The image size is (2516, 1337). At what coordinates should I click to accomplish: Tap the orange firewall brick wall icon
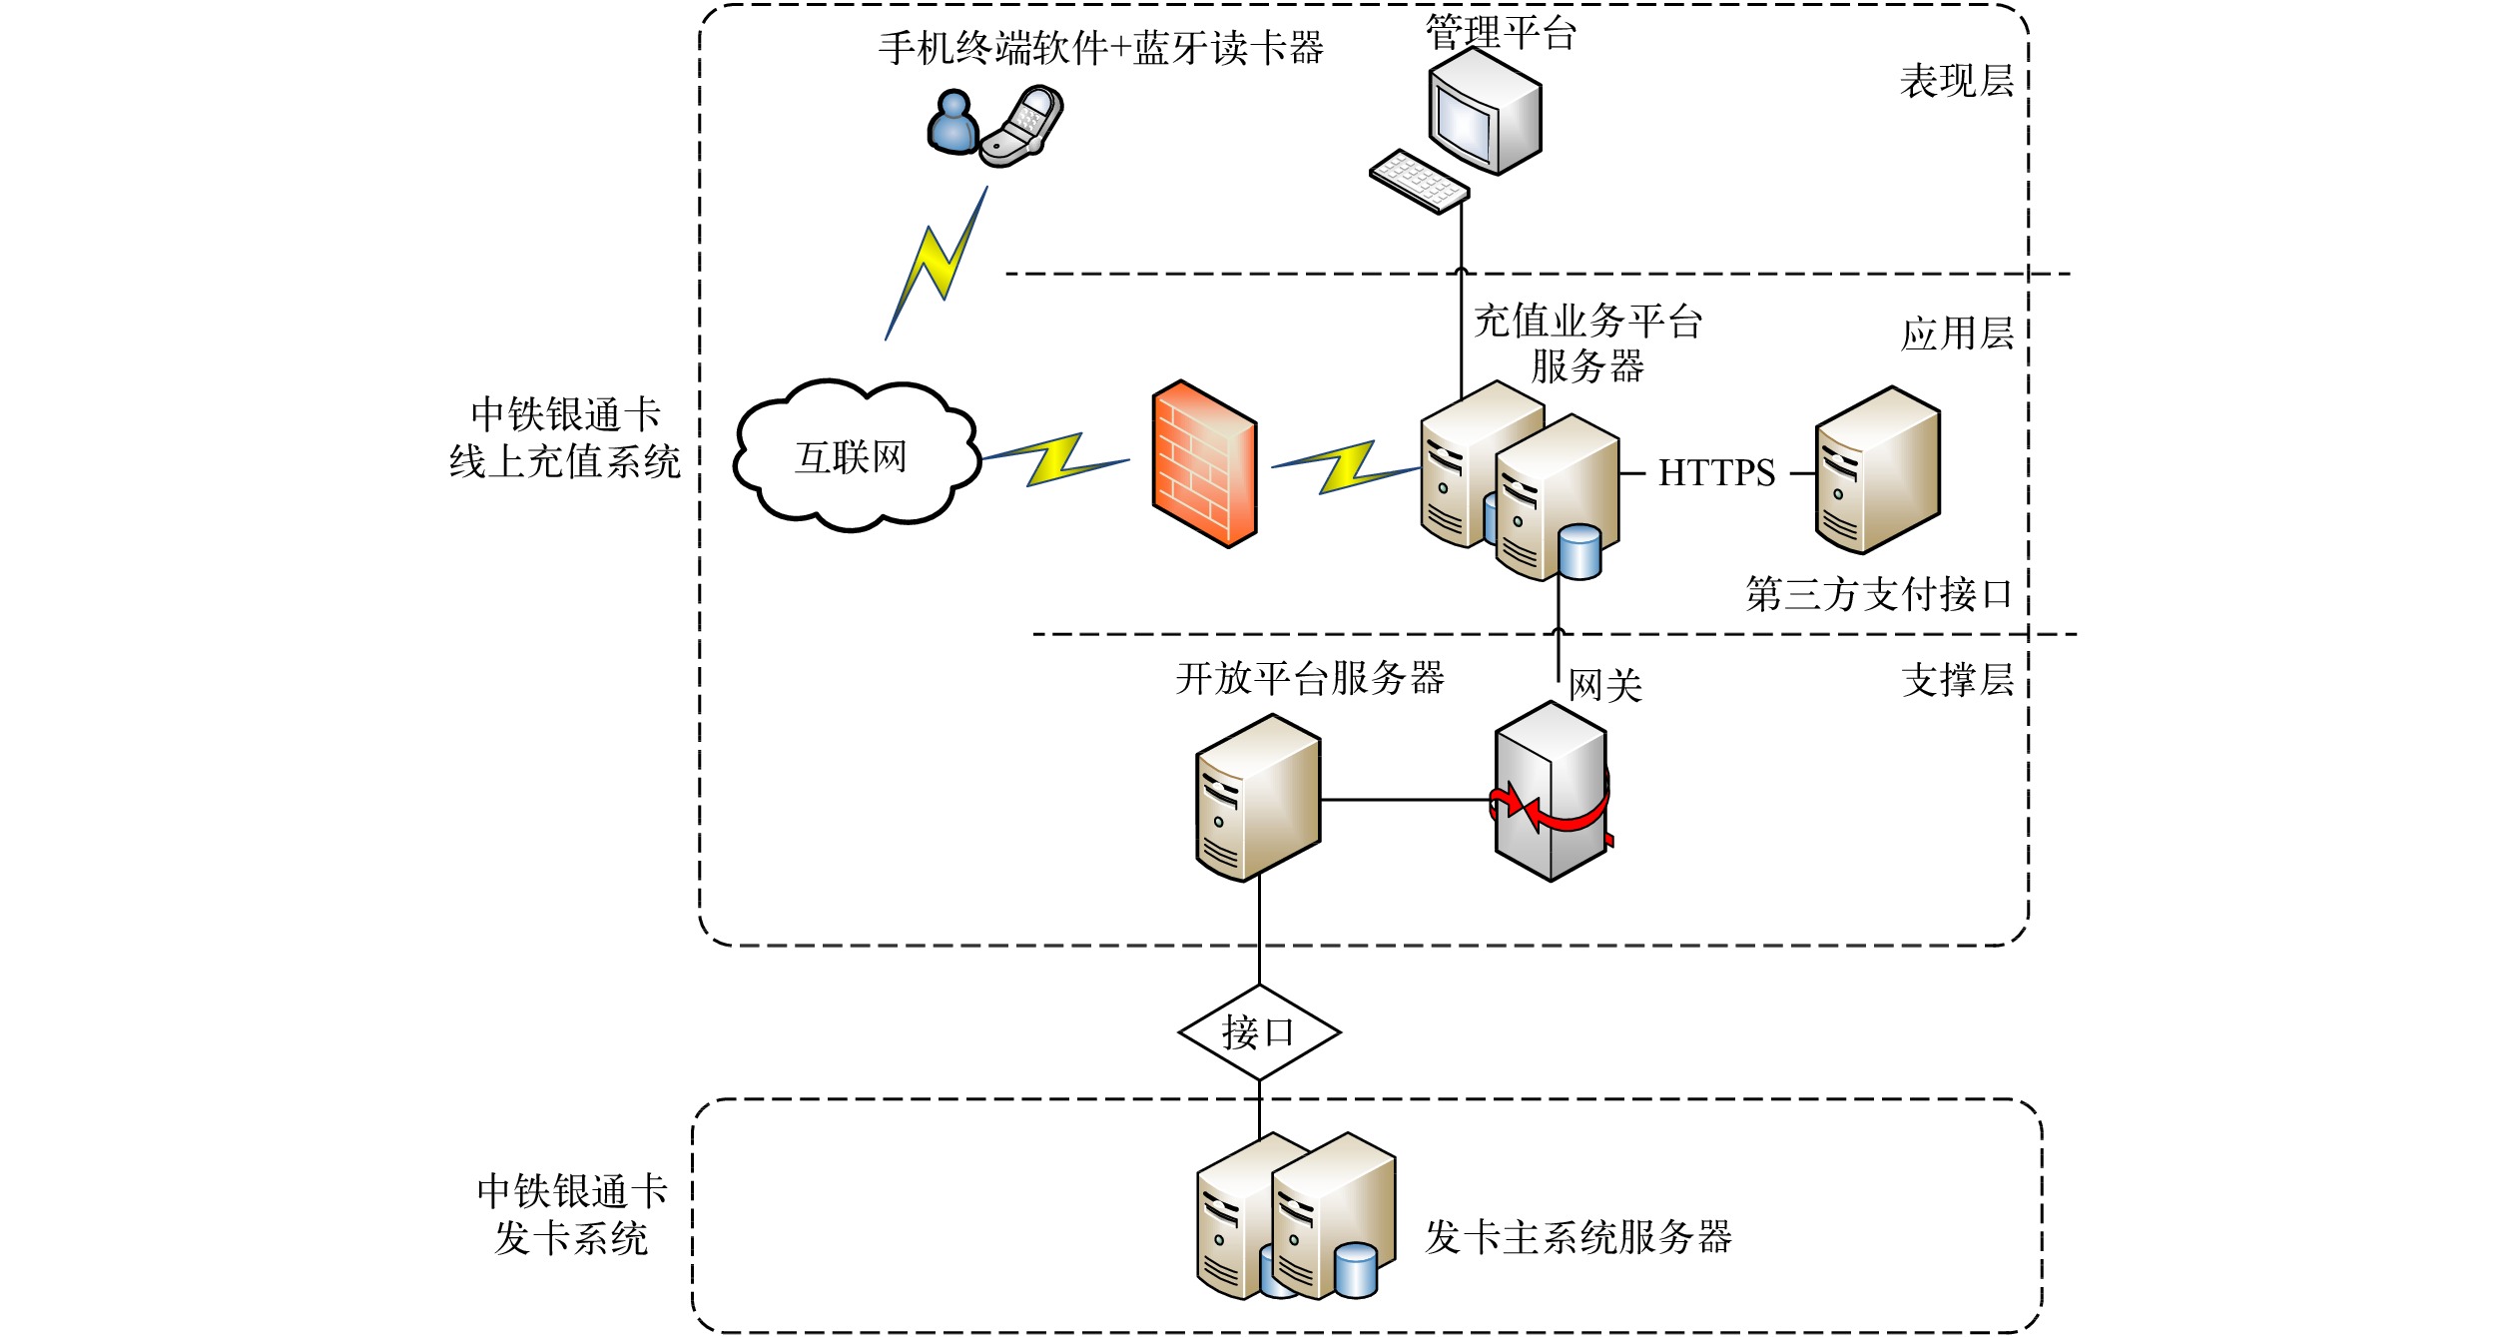pos(1204,463)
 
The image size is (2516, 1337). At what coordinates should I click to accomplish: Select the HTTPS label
pos(1716,473)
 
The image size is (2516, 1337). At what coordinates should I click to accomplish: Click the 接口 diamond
pos(1259,1032)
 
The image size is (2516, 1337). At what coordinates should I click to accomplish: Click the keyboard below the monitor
pos(1419,181)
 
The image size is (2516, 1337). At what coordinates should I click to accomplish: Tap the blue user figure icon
pos(952,123)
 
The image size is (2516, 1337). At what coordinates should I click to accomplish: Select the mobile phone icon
pos(1023,127)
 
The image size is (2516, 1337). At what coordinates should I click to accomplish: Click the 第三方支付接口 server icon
pos(1876,469)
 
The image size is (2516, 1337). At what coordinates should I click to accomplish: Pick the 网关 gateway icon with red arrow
pos(1551,791)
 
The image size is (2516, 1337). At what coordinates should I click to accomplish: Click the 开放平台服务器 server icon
pos(1258,797)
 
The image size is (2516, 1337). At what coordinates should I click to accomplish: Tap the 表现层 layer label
pos(1956,81)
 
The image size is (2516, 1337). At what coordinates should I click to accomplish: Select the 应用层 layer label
pos(1956,334)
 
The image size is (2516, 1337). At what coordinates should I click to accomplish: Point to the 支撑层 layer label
pos(1957,680)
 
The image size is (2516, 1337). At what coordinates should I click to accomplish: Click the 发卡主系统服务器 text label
pos(1577,1237)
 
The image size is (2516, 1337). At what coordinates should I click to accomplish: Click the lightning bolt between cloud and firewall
pos(1055,460)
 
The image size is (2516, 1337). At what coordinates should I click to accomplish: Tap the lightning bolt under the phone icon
pos(937,264)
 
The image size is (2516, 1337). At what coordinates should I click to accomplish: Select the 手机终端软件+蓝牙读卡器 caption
pos(1100,48)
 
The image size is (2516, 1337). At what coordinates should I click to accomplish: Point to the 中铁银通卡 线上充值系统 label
pos(565,438)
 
